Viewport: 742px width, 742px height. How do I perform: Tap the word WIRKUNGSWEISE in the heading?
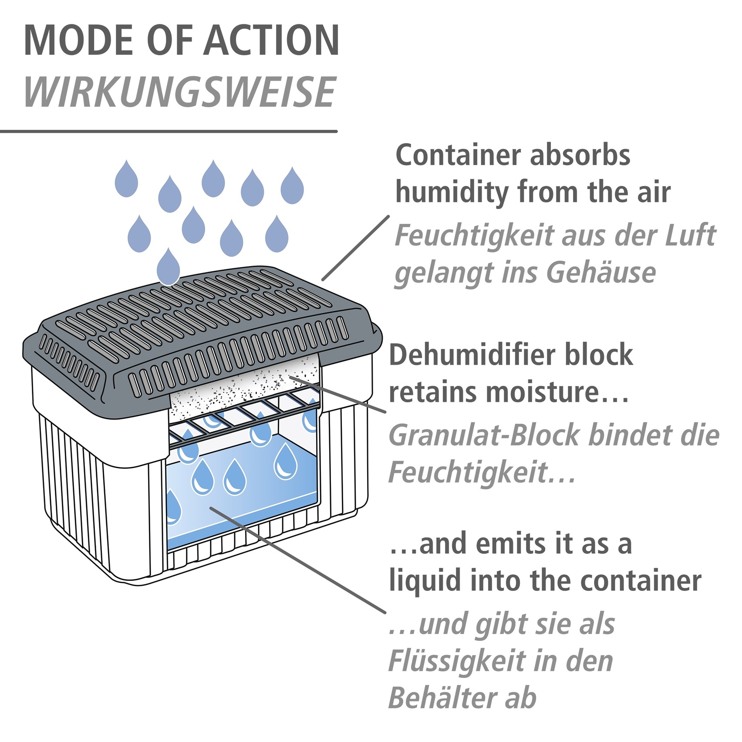point(180,92)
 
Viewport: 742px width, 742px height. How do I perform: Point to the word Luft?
point(690,235)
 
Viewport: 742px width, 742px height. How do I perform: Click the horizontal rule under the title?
point(169,131)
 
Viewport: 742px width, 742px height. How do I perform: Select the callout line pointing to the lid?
point(355,248)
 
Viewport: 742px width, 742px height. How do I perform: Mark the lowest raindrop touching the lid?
point(168,266)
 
